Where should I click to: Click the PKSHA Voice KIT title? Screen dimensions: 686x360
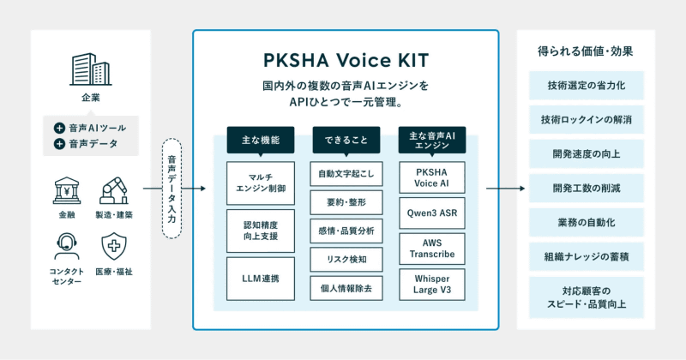(346, 60)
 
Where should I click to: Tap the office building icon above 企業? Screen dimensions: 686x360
(91, 69)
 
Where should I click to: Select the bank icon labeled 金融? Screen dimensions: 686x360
(67, 191)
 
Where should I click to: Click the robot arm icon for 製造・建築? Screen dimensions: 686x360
(114, 191)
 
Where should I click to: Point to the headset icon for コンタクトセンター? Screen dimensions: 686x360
(67, 247)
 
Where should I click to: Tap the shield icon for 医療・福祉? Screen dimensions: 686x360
(114, 247)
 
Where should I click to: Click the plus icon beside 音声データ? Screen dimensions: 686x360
(59, 143)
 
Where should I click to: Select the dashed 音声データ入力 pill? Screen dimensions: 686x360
(171, 188)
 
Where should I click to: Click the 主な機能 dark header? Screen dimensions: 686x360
(261, 140)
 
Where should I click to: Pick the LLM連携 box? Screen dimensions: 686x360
(261, 279)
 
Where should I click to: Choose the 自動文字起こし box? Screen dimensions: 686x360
(346, 174)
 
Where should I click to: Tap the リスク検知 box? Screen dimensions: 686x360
(346, 260)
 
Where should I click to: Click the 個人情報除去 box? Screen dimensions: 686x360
(346, 288)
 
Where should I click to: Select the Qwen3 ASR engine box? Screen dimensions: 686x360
(432, 213)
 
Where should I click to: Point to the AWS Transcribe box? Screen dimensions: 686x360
(432, 249)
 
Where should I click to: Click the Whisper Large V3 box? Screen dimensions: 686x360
(432, 285)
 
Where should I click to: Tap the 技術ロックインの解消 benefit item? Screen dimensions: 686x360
(587, 119)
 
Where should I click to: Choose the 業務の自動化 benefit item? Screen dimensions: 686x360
(587, 222)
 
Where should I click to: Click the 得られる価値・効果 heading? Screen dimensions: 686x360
(586, 51)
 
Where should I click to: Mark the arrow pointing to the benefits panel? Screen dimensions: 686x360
(505, 189)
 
